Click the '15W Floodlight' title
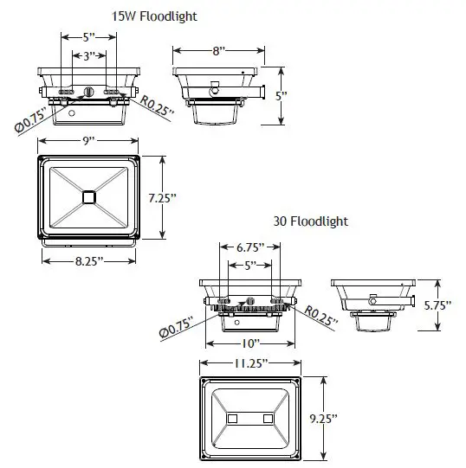(153, 16)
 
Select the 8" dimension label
(218, 52)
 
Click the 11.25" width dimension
(251, 364)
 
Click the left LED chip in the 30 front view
(233, 419)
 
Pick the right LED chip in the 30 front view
(268, 419)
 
